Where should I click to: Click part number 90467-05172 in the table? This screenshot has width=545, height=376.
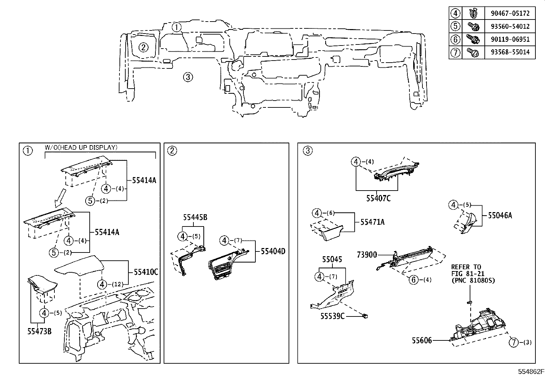509,13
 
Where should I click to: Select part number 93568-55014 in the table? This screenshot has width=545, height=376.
509,52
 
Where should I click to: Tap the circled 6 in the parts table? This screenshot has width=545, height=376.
455,39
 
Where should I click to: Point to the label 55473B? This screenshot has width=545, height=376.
39,331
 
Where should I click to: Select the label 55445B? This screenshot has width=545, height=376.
195,217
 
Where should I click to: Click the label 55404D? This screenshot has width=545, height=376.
273,251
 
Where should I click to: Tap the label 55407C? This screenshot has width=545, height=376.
378,198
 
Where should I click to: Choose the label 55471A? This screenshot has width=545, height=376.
372,222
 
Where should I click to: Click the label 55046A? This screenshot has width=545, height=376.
500,215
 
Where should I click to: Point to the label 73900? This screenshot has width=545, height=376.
367,255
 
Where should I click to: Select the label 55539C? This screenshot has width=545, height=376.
332,316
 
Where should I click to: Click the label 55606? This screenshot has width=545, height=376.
421,340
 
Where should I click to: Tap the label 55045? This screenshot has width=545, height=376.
332,259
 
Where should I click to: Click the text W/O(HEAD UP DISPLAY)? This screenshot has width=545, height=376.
81,147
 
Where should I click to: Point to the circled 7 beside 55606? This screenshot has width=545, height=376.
514,342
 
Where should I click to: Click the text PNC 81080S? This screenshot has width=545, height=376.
473,281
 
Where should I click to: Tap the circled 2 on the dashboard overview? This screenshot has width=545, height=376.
143,48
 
